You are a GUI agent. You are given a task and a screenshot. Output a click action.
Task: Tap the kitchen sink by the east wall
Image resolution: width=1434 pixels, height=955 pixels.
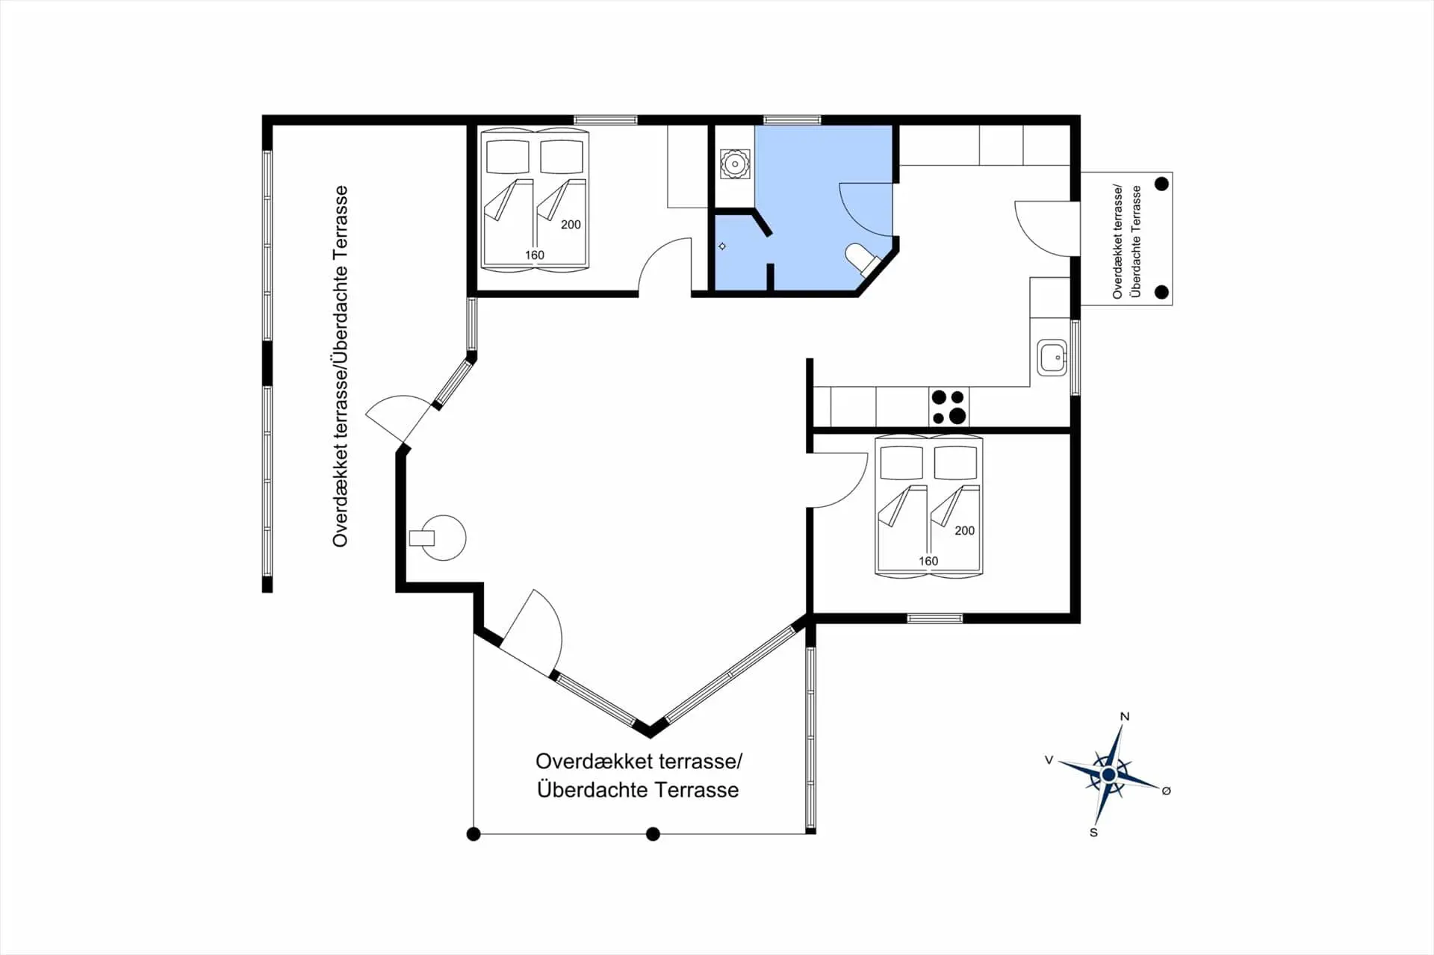tap(1052, 358)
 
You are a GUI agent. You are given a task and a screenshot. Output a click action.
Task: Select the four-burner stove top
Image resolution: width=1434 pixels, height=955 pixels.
tap(949, 407)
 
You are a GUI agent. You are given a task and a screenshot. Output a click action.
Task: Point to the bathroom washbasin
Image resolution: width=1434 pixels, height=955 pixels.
tap(735, 164)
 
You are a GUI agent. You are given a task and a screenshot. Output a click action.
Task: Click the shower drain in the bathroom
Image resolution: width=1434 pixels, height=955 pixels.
tap(722, 246)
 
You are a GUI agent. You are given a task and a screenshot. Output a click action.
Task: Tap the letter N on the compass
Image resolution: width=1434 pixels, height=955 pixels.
tap(1125, 717)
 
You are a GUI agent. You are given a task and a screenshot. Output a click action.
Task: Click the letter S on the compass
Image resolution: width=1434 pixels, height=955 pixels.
tap(1093, 833)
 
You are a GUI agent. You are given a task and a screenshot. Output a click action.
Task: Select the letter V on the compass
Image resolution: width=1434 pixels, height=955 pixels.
tap(1049, 760)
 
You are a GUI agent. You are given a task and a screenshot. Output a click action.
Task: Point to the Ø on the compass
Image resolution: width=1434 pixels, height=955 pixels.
tap(1167, 791)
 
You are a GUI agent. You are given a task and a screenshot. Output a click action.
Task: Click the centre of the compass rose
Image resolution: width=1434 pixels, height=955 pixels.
tap(1109, 776)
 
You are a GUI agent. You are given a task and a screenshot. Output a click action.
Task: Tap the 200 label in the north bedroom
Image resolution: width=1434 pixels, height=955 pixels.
tap(571, 225)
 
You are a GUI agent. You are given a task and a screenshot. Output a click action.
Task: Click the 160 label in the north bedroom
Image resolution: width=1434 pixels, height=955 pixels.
tap(535, 255)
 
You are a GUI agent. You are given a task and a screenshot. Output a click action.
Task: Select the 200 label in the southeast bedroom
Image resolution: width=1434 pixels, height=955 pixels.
tap(964, 531)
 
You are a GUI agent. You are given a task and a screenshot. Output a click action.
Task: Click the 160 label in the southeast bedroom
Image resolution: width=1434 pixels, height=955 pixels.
tap(928, 562)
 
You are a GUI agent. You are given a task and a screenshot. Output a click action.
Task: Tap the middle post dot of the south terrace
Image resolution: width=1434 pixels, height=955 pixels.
tap(653, 834)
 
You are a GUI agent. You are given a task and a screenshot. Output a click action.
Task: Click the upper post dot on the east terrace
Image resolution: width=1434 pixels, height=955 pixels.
tap(1161, 184)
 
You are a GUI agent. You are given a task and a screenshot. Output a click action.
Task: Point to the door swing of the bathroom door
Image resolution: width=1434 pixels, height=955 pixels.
tap(866, 209)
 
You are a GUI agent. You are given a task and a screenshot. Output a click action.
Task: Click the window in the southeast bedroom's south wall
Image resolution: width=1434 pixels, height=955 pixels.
tap(935, 618)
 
